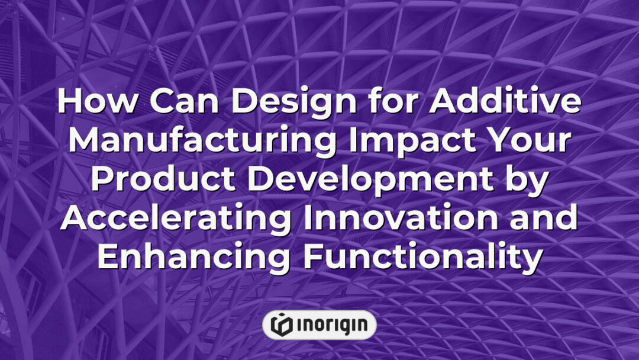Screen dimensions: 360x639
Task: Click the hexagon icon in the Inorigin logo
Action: coord(282,324)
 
